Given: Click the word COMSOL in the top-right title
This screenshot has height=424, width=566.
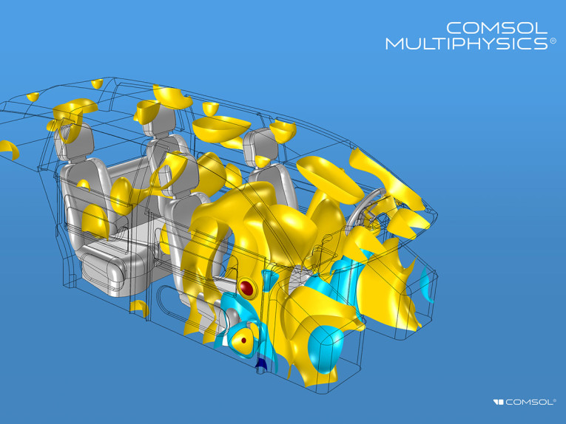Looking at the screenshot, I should coord(497,28).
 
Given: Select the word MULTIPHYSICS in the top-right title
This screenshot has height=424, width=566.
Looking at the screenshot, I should coord(466,44).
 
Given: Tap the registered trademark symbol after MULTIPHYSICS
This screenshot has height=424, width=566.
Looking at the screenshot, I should coord(552,43).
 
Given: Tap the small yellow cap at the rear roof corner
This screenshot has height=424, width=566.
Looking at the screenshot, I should coord(33,97).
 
